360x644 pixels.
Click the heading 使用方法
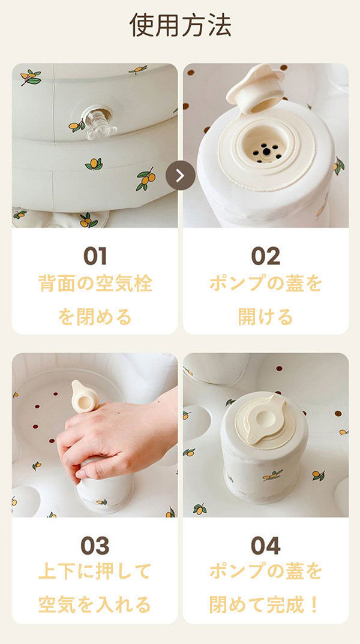tap(180, 25)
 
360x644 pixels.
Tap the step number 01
tap(95, 256)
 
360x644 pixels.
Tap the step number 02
tap(265, 256)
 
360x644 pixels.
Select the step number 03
tap(95, 546)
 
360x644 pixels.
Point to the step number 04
tap(265, 546)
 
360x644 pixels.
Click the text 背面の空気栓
tap(95, 284)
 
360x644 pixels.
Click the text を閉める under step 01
tap(95, 316)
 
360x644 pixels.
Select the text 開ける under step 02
tap(265, 316)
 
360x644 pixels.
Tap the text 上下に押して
tap(95, 572)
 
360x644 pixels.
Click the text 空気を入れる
tap(95, 604)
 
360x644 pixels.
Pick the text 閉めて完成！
tap(265, 604)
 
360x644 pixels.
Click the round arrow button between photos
tap(181, 176)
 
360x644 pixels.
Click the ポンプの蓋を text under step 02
tap(265, 284)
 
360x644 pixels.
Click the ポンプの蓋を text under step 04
tap(265, 572)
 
